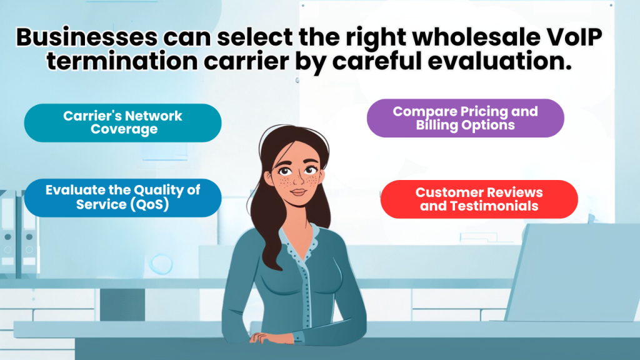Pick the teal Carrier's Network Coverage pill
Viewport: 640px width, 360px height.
coord(123,122)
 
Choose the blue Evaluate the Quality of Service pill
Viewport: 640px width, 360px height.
coord(123,197)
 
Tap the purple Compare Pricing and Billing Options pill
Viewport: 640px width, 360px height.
coord(465,118)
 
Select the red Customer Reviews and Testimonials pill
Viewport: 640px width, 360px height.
coord(479,199)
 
